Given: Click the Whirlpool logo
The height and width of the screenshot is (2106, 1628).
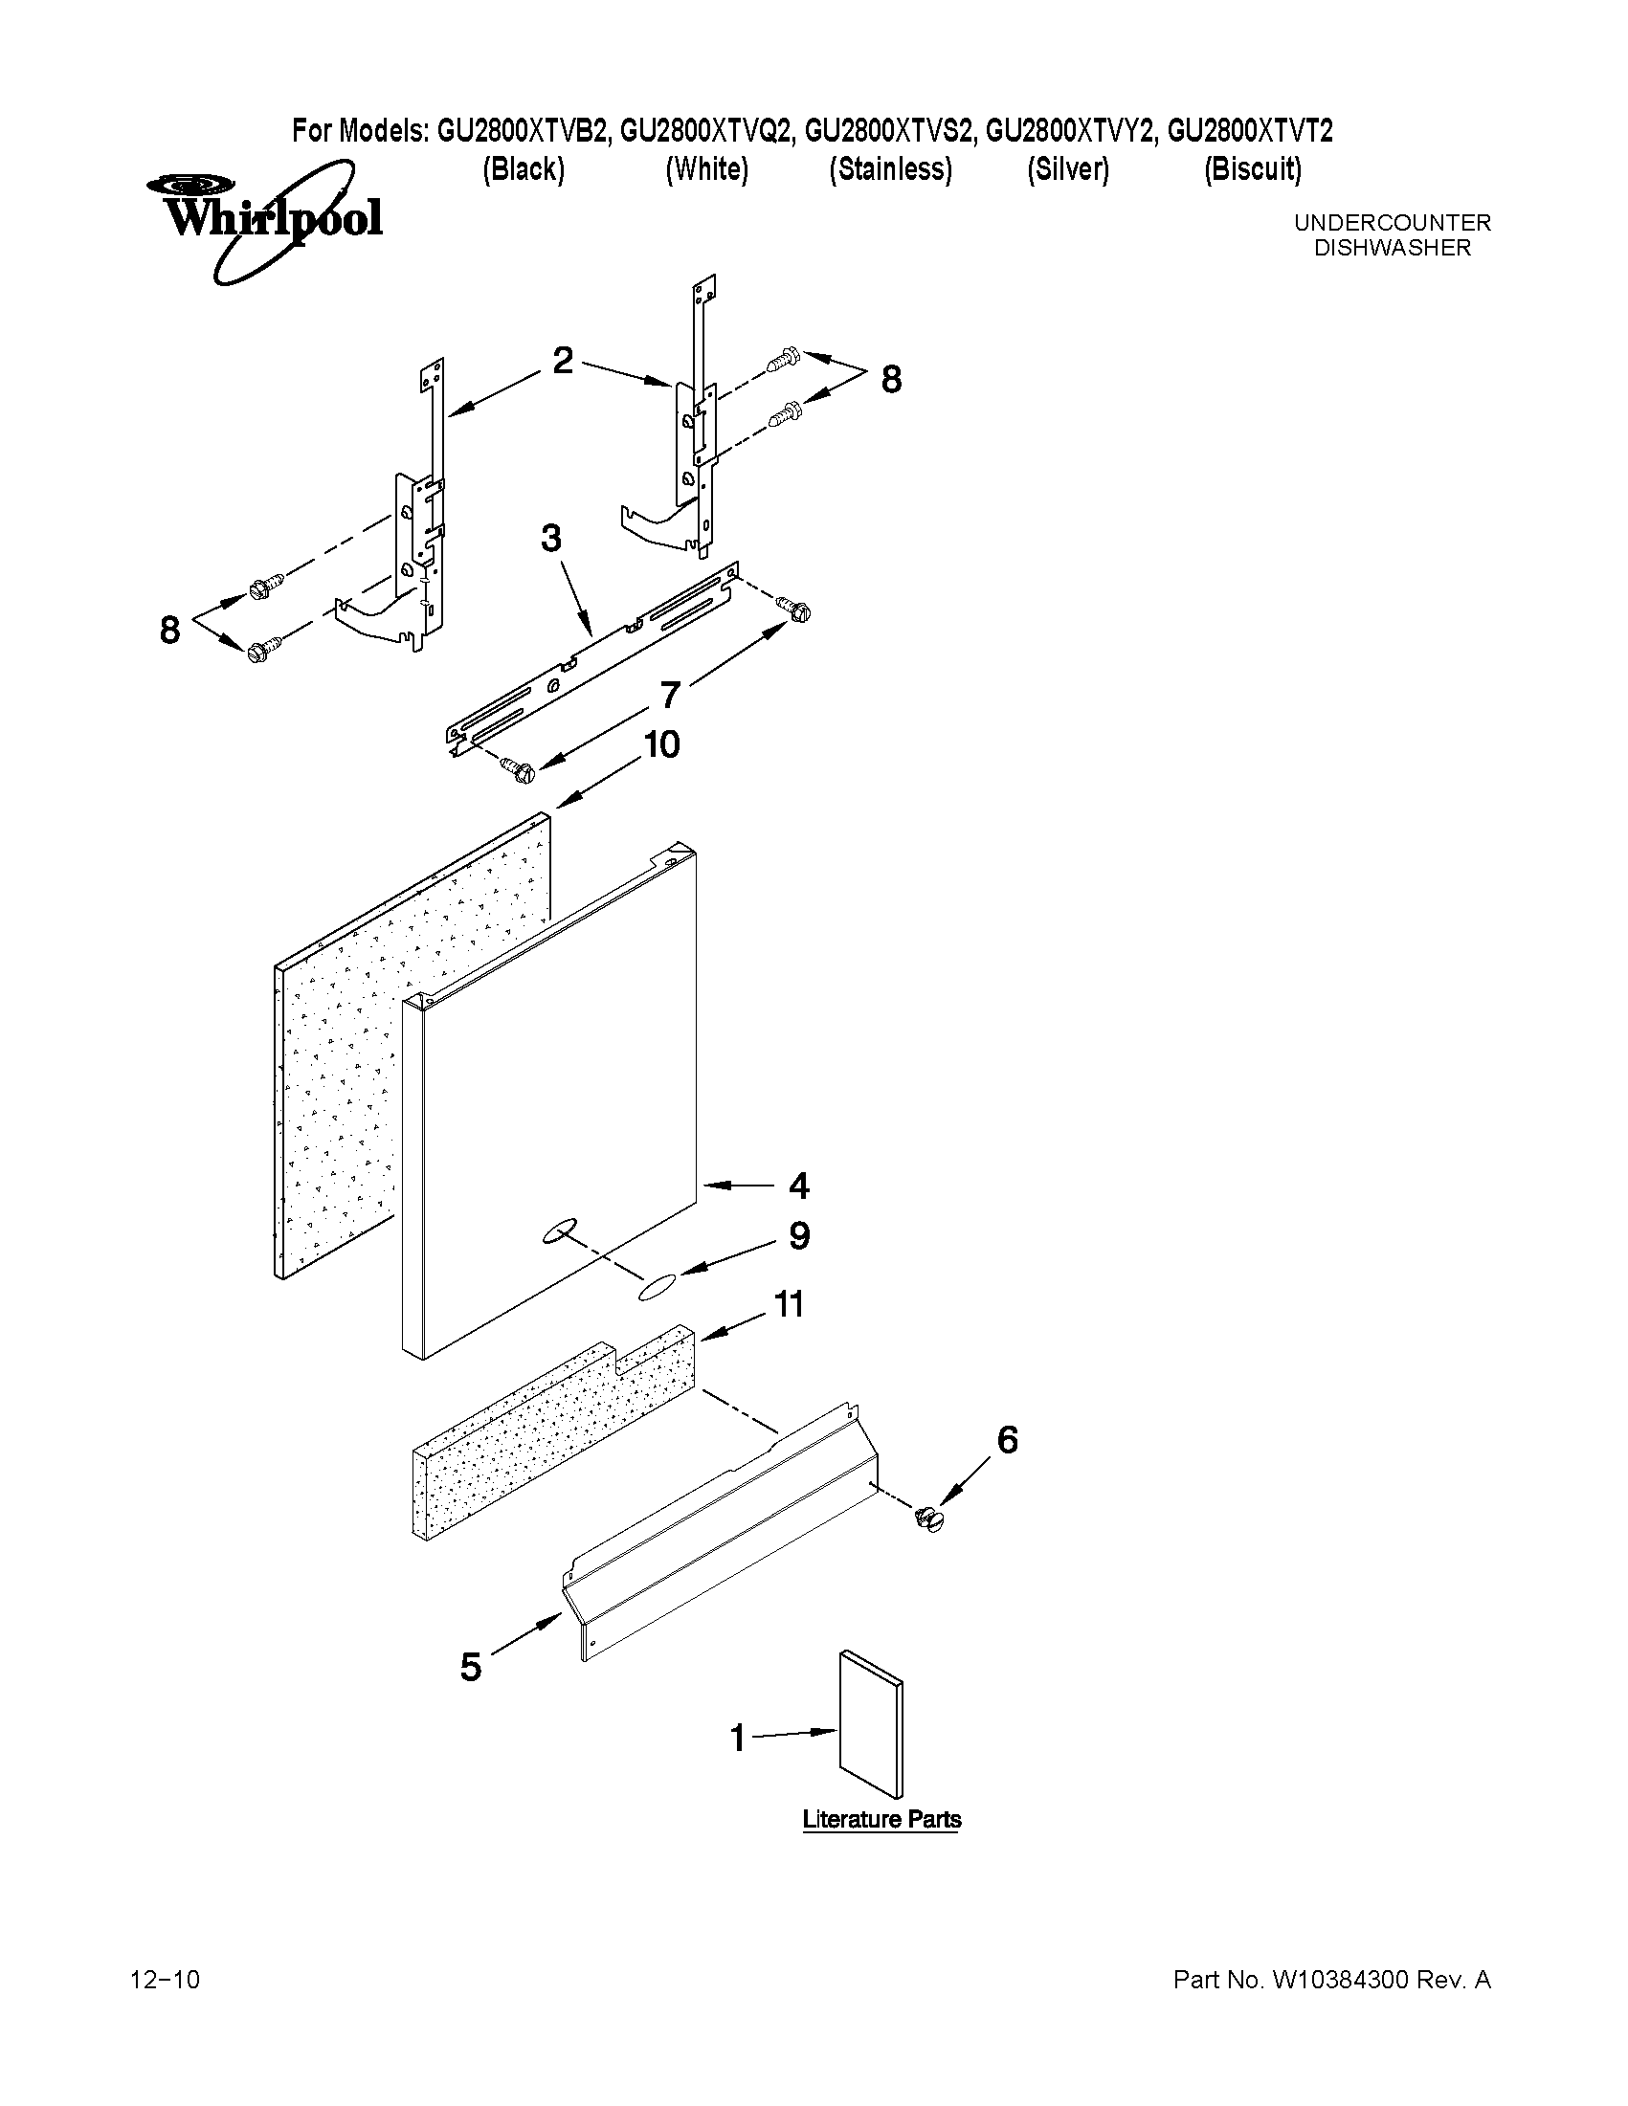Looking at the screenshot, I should pyautogui.click(x=265, y=219).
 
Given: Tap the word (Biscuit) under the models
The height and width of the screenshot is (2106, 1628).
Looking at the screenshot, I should pyautogui.click(x=1252, y=169).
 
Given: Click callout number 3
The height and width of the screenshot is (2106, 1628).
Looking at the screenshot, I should pyautogui.click(x=550, y=538).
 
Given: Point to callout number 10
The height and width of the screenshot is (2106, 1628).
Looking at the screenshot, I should pyautogui.click(x=661, y=744).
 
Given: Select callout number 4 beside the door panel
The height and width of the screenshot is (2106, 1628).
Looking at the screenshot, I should pyautogui.click(x=798, y=1186).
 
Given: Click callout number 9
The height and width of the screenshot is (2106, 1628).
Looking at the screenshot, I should pyautogui.click(x=798, y=1235).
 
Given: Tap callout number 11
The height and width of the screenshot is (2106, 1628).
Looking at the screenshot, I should pyautogui.click(x=789, y=1305).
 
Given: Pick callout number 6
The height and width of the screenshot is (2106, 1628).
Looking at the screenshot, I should pyautogui.click(x=1006, y=1440).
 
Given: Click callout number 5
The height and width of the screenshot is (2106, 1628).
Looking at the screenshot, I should pyautogui.click(x=471, y=1667).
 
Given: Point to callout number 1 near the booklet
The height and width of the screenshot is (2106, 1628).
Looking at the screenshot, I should pyautogui.click(x=738, y=1739).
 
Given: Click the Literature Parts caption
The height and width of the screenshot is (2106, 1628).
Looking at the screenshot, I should pyautogui.click(x=881, y=1820).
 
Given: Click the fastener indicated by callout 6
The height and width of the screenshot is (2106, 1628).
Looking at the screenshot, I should pyautogui.click(x=929, y=1520).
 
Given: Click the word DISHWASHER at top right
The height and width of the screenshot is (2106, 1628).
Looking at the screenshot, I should pyautogui.click(x=1392, y=248).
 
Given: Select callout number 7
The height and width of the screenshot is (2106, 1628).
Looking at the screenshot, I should pyautogui.click(x=670, y=695).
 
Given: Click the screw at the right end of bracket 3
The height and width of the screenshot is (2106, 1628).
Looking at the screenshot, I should pyautogui.click(x=796, y=609).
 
